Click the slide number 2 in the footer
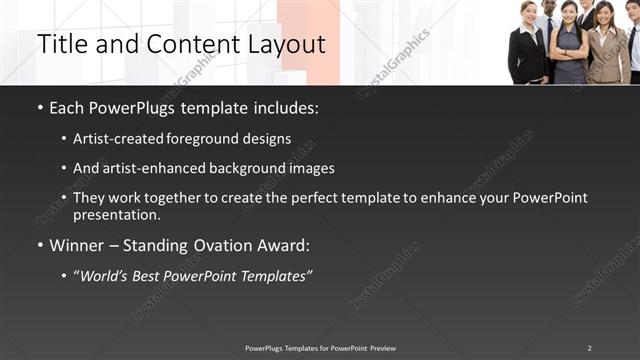tap(589, 348)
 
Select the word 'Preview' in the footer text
tap(381, 348)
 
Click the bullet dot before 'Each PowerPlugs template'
tap(39, 108)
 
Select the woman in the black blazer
tap(528, 50)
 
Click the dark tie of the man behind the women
tap(549, 30)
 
